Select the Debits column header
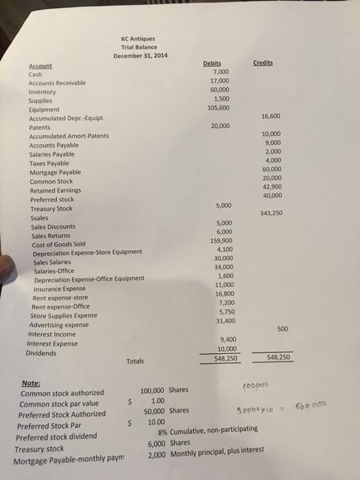213,62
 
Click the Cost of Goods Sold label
60,244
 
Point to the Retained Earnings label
55,191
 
